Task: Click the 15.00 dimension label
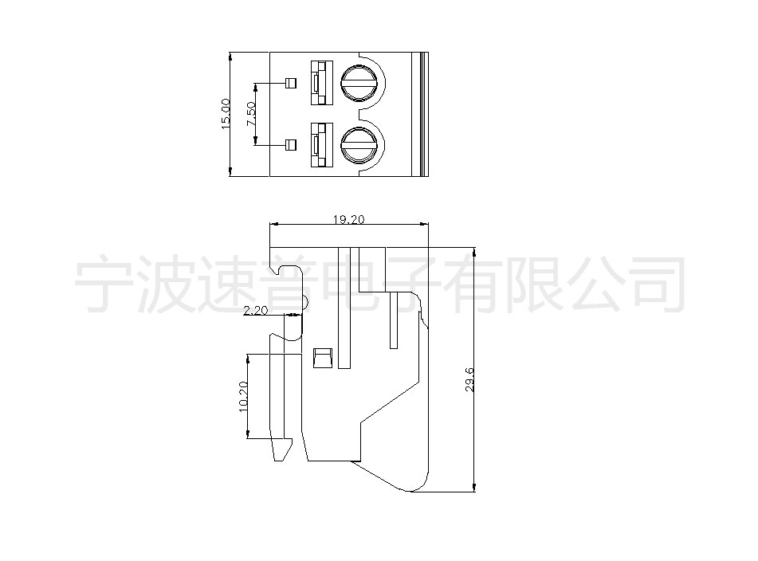(x=226, y=113)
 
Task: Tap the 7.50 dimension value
(x=251, y=115)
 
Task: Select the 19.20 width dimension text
(x=348, y=219)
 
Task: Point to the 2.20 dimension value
(x=255, y=310)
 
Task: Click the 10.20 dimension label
(x=243, y=397)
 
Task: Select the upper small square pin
(x=291, y=83)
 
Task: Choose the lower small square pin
(x=291, y=144)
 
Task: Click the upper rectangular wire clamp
(x=321, y=83)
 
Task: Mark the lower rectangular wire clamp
(x=321, y=145)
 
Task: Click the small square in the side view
(x=323, y=358)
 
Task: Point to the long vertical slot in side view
(x=344, y=308)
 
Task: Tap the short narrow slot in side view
(x=394, y=320)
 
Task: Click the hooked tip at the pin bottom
(x=283, y=449)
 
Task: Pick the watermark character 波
(x=165, y=285)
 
